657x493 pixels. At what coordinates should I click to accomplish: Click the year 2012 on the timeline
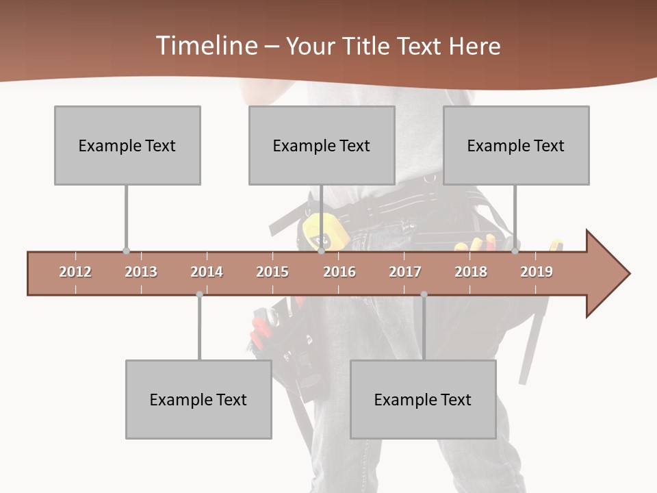click(x=75, y=272)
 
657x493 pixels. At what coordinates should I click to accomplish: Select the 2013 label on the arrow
click(x=141, y=272)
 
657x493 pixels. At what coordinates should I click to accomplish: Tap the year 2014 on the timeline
click(x=207, y=272)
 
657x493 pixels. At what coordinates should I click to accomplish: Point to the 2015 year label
click(x=272, y=272)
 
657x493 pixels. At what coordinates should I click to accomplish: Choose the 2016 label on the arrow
click(x=339, y=272)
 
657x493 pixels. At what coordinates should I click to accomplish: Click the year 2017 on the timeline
click(x=405, y=272)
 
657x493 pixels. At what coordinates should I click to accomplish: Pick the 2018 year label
click(x=471, y=272)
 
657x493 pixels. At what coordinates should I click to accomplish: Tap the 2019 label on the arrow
click(x=537, y=272)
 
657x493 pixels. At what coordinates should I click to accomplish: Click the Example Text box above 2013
click(x=127, y=145)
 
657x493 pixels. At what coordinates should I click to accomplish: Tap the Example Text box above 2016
click(x=322, y=145)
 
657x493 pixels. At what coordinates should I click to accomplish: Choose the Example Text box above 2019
click(x=516, y=145)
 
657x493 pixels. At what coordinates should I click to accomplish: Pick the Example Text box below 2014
click(x=198, y=399)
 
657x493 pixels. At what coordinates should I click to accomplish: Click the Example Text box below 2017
click(x=423, y=399)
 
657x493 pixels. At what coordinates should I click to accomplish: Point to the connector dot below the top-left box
click(x=126, y=251)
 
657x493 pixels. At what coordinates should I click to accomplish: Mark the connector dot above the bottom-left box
click(x=199, y=294)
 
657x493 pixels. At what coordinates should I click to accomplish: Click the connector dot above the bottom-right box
click(x=424, y=294)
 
